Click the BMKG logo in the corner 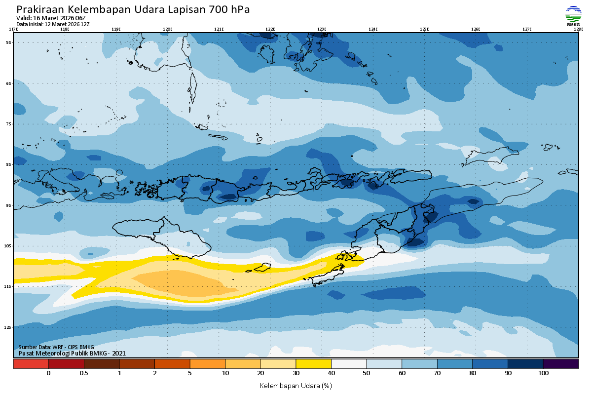click(573, 16)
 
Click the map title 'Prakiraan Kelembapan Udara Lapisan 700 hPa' click(133, 10)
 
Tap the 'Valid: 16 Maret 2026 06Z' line click(51, 18)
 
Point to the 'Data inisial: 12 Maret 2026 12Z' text click(53, 24)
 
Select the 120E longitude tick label click(167, 29)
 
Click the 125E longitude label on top click(424, 29)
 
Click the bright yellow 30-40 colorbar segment click(313, 364)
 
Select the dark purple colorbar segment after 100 click(561, 364)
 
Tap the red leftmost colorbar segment click(31, 364)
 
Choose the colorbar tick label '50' click(367, 374)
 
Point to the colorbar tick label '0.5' click(84, 374)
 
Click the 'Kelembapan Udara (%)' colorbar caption click(296, 385)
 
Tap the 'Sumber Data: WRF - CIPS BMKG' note click(56, 347)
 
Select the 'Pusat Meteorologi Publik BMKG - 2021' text click(72, 353)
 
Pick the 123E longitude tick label click(322, 29)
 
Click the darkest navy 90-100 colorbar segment click(525, 364)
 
